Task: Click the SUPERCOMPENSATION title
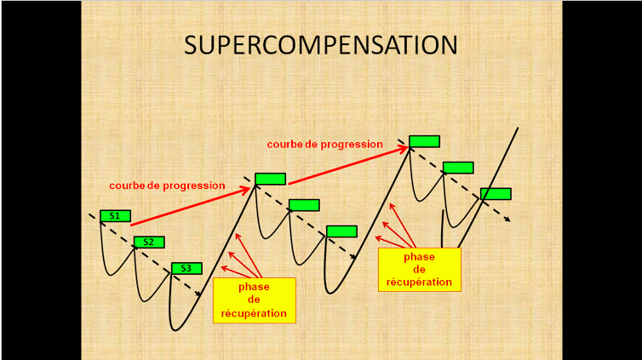click(321, 45)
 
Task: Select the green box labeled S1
click(116, 216)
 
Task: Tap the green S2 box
click(149, 243)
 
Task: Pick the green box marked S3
click(186, 268)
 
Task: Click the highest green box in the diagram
click(425, 141)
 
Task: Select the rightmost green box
click(496, 194)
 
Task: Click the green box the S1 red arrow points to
click(270, 179)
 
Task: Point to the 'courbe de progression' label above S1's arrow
click(167, 186)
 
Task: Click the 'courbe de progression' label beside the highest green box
click(324, 145)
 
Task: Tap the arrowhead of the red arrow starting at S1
click(246, 190)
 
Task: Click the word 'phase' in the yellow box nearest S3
click(254, 287)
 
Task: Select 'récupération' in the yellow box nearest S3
click(254, 313)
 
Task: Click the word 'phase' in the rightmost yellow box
click(419, 257)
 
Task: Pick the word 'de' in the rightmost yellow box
click(419, 270)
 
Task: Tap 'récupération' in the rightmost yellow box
click(419, 283)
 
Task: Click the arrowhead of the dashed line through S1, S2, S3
click(198, 294)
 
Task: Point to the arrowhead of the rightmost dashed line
click(507, 220)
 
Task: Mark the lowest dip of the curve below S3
click(175, 329)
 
